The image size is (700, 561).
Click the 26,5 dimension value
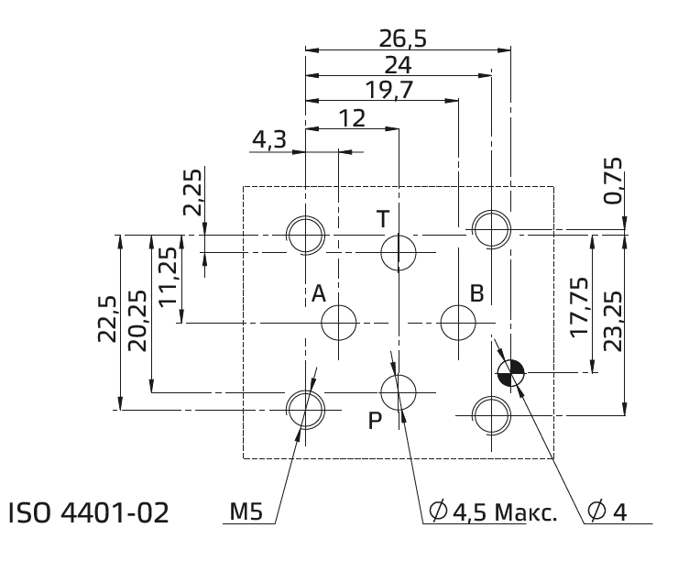tap(402, 38)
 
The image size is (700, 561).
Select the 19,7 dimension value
tap(388, 90)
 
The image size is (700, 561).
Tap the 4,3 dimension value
tap(269, 140)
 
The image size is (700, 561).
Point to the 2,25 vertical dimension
tap(193, 192)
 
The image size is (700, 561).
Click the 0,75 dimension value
tap(612, 181)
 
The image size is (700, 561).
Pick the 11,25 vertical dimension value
tap(168, 277)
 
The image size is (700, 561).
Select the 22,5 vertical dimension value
tap(107, 319)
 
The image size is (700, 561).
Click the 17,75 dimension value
tap(579, 306)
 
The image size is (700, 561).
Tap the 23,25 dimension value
tap(612, 321)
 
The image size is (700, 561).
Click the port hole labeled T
tap(399, 252)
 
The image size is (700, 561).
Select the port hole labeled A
tap(339, 323)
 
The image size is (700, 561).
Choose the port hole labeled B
tap(458, 323)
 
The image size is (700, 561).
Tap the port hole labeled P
tap(399, 392)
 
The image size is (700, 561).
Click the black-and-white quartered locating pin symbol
tap(511, 372)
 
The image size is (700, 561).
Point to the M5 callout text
tap(246, 511)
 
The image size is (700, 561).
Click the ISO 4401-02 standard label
tap(89, 512)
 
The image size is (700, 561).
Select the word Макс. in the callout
tap(526, 512)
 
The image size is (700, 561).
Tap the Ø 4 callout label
tap(607, 511)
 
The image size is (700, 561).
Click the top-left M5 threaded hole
tap(305, 235)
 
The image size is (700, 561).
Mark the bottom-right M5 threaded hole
tap(491, 415)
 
